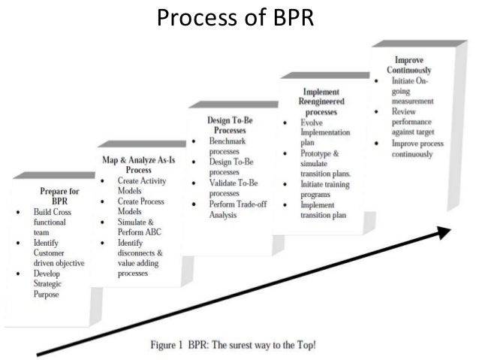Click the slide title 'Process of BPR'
pyautogui.click(x=238, y=16)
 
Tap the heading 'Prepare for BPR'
pyautogui.click(x=58, y=196)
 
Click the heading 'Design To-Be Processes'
pyautogui.click(x=230, y=124)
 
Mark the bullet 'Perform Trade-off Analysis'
pyautogui.click(x=234, y=209)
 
